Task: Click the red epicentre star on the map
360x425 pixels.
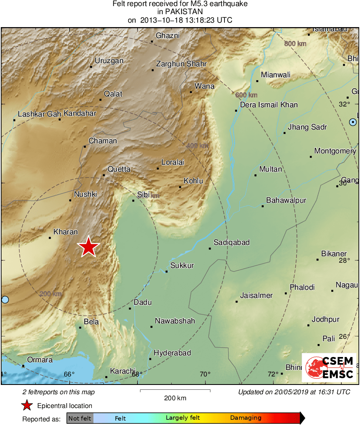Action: (x=88, y=247)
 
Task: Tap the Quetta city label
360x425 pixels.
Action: (x=119, y=169)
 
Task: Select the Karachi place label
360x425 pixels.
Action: (x=123, y=371)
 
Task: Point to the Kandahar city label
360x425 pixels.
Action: (x=80, y=113)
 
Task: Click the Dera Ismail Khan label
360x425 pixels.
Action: (x=269, y=105)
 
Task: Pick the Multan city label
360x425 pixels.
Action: (x=271, y=169)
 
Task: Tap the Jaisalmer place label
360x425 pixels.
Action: (x=256, y=295)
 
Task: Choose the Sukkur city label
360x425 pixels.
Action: (x=182, y=266)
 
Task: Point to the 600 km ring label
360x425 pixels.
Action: (x=246, y=95)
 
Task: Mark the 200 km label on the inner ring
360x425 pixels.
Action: (x=51, y=294)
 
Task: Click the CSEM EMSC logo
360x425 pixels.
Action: (x=329, y=368)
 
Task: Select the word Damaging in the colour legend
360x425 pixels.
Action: (x=246, y=418)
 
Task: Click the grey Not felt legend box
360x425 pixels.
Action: (x=80, y=418)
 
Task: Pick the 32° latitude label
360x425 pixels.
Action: (x=344, y=104)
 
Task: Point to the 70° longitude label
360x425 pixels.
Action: (x=205, y=374)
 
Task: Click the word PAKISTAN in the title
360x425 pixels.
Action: (x=180, y=12)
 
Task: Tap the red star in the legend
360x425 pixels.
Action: (x=27, y=405)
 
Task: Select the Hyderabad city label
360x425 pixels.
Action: (x=172, y=353)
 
